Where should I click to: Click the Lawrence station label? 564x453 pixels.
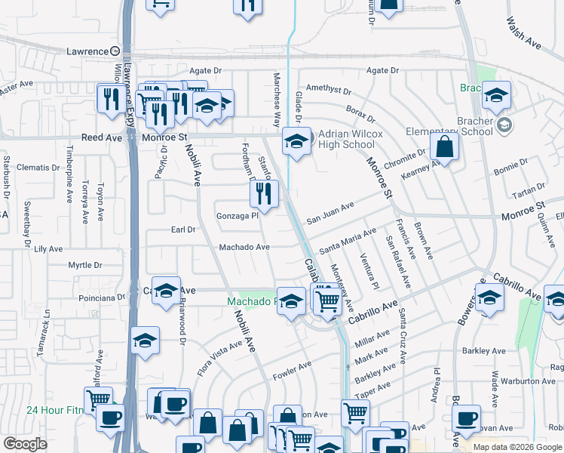click(87, 51)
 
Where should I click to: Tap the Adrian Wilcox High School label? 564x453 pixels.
click(346, 140)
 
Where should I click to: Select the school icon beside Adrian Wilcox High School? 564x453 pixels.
click(296, 140)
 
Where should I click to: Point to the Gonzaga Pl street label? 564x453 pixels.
click(238, 215)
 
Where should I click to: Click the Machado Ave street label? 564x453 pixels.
click(244, 247)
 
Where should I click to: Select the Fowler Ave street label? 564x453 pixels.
click(292, 368)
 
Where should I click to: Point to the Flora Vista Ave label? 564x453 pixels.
click(219, 356)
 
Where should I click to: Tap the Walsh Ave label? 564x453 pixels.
click(524, 34)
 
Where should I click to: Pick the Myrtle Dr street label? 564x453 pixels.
click(85, 265)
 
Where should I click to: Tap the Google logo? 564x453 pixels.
click(26, 444)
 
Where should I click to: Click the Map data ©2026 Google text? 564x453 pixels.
click(516, 447)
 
